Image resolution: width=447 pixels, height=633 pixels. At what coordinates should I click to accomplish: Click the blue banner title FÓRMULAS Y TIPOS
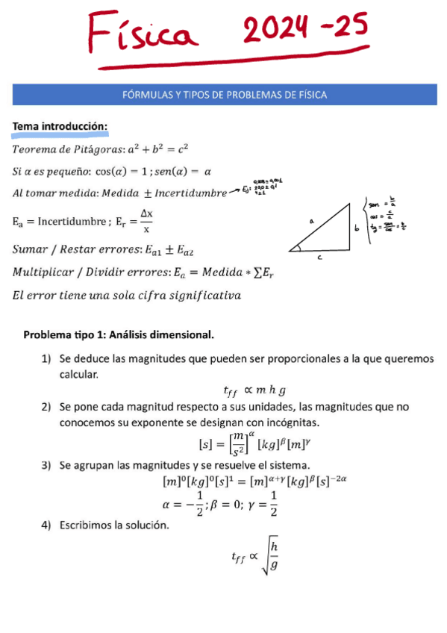click(225, 95)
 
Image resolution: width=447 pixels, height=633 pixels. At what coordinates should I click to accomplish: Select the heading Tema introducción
click(60, 128)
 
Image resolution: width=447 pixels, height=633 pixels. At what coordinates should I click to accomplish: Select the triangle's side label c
click(320, 257)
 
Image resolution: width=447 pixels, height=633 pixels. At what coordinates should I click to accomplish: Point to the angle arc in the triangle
click(298, 249)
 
